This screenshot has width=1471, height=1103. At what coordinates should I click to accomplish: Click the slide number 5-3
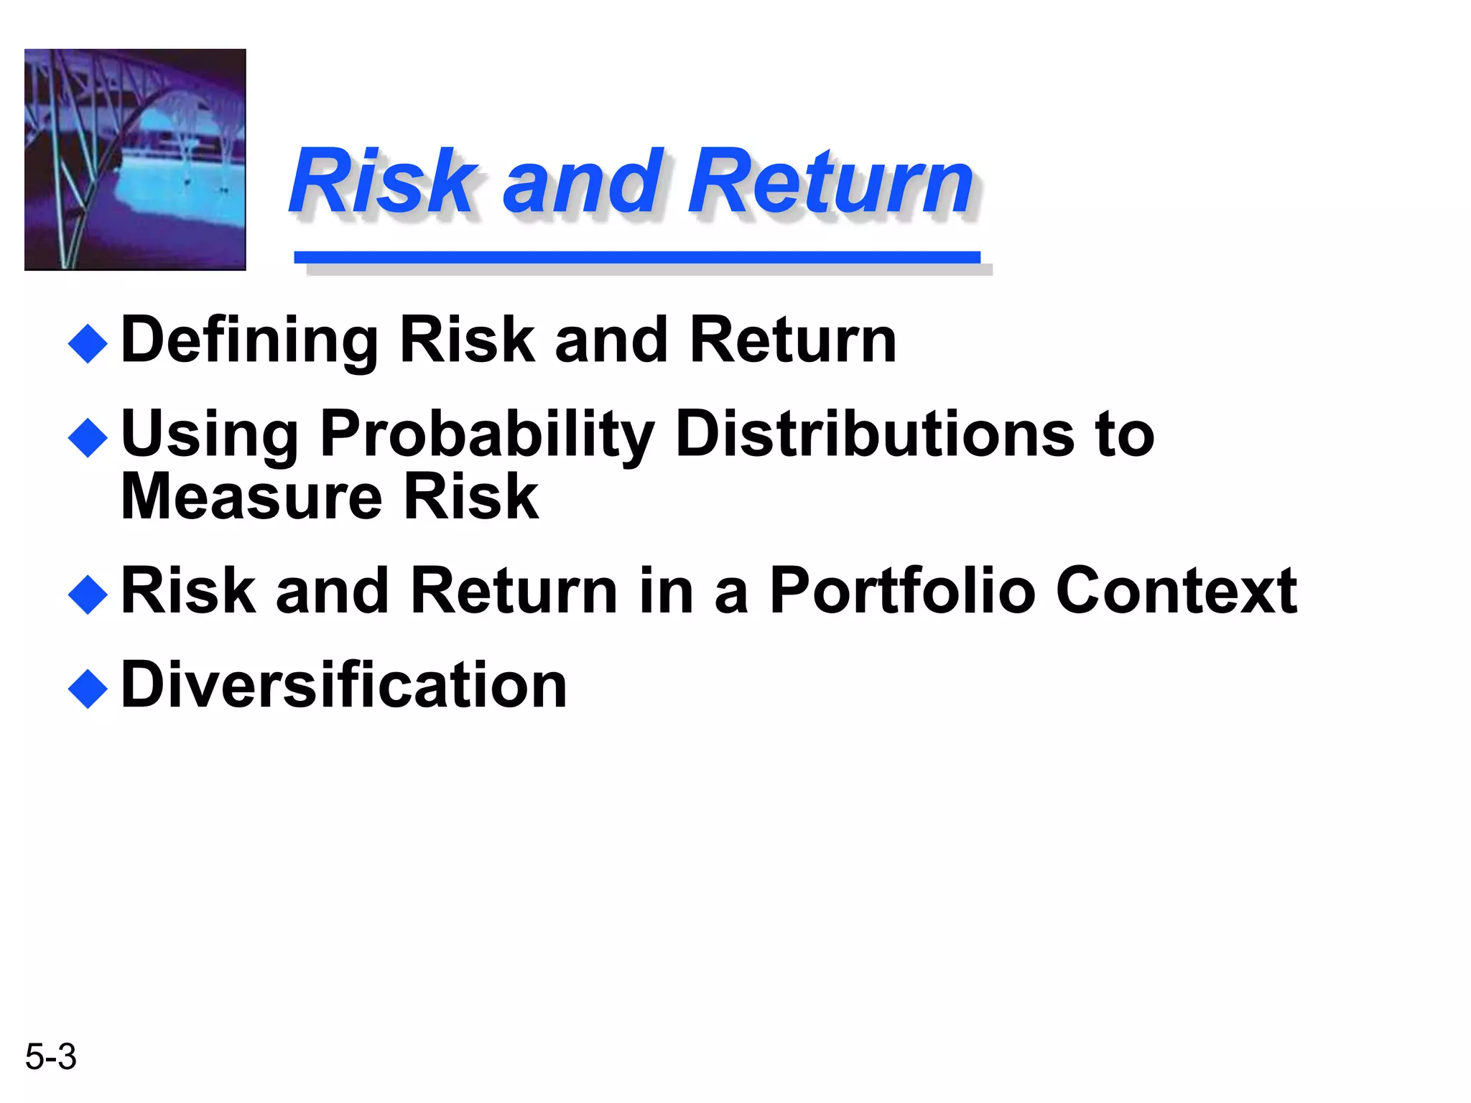[50, 1056]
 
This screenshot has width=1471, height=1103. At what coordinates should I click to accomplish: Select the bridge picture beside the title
[135, 159]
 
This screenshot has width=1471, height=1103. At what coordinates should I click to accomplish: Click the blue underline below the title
[636, 257]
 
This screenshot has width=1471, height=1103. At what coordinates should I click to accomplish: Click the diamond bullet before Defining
[88, 343]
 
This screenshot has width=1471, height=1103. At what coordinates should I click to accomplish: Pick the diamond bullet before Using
[88, 437]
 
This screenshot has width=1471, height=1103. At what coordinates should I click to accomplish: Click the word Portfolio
[901, 591]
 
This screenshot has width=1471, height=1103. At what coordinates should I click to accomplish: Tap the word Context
[1176, 591]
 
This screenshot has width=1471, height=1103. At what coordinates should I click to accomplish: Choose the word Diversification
[344, 686]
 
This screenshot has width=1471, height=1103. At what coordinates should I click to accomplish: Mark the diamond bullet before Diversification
[88, 689]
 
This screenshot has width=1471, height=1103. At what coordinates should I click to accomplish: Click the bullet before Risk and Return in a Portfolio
[88, 595]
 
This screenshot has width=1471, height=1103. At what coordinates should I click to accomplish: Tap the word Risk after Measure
[470, 497]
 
